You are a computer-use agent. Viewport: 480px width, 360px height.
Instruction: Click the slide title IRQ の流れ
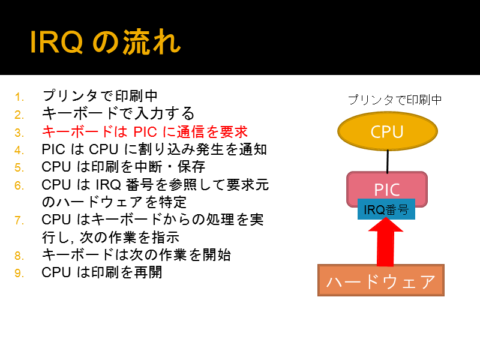click(106, 42)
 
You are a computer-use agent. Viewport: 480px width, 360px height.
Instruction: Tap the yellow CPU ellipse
click(387, 131)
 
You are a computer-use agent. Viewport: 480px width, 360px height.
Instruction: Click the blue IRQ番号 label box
click(386, 209)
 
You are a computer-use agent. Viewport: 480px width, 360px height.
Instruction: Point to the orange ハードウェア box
click(381, 280)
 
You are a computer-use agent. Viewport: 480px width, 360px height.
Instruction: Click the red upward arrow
click(385, 242)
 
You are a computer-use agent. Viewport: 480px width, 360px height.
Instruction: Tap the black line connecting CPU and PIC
click(388, 161)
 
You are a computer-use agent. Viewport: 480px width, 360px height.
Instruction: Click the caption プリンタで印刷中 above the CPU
click(395, 100)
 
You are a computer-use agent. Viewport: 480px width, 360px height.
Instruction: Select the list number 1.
click(19, 97)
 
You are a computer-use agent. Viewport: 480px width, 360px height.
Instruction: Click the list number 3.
click(19, 133)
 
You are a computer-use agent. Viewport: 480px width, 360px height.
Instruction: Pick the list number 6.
click(19, 185)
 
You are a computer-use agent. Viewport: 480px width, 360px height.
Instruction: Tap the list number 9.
click(19, 273)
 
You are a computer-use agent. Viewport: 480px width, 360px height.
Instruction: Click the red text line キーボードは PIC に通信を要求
click(145, 132)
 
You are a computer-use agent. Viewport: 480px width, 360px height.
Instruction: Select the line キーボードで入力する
click(118, 113)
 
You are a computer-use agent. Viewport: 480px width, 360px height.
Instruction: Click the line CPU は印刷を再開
click(101, 272)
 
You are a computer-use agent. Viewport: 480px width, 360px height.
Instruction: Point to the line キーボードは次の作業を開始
click(136, 254)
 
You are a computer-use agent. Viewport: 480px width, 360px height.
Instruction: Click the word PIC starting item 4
click(53, 149)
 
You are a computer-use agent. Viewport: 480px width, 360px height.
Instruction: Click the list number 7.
click(19, 220)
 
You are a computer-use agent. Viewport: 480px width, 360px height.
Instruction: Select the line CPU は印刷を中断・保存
click(124, 167)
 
